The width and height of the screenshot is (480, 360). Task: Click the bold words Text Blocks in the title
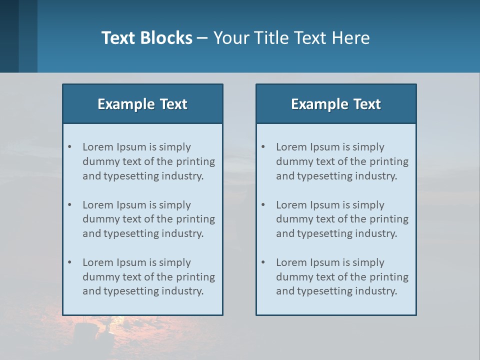tap(147, 38)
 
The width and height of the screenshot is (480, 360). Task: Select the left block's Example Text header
tap(142, 104)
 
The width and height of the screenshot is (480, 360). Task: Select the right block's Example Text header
tap(336, 104)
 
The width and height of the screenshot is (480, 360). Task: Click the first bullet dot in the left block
tap(70, 147)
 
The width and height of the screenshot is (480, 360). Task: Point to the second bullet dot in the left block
tap(70, 205)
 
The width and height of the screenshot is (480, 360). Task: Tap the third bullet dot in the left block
tap(70, 262)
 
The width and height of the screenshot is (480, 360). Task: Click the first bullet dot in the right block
tap(263, 147)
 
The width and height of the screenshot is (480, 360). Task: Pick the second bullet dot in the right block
tap(263, 205)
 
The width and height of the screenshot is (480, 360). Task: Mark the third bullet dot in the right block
tap(263, 262)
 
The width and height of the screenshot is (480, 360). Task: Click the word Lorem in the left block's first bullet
tap(97, 147)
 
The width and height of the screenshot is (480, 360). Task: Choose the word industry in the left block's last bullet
tap(182, 291)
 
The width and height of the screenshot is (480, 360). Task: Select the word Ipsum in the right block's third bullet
tap(325, 262)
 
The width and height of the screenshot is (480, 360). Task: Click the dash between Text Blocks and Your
tap(202, 38)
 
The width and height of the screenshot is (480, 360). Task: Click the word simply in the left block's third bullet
tap(175, 262)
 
